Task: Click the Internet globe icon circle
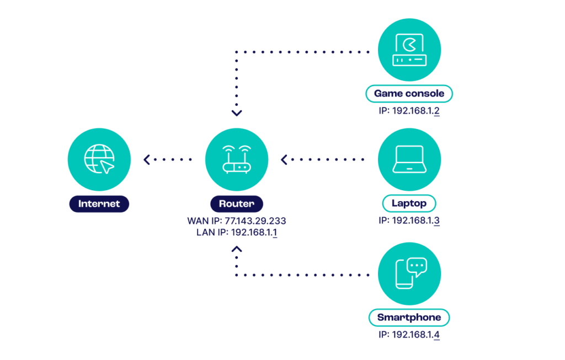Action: pyautogui.click(x=99, y=159)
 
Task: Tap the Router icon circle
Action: pyautogui.click(x=237, y=159)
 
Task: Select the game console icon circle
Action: pyautogui.click(x=409, y=50)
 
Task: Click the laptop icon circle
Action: pyautogui.click(x=409, y=159)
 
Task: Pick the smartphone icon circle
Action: pyautogui.click(x=409, y=273)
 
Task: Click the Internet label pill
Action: pyautogui.click(x=99, y=203)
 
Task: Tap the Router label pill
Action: pyautogui.click(x=237, y=203)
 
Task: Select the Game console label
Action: pyautogui.click(x=409, y=94)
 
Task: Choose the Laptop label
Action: pyautogui.click(x=409, y=203)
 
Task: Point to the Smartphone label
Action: pyautogui.click(x=409, y=318)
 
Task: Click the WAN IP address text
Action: pyautogui.click(x=237, y=221)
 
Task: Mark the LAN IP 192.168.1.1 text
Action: pyautogui.click(x=237, y=232)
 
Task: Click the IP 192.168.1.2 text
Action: pyautogui.click(x=409, y=111)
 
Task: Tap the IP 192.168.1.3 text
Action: pyautogui.click(x=409, y=221)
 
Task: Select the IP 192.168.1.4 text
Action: pyautogui.click(x=409, y=335)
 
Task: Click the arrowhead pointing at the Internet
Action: pyautogui.click(x=146, y=160)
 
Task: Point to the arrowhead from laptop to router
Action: pyautogui.click(x=284, y=160)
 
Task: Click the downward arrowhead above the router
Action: pyautogui.click(x=237, y=113)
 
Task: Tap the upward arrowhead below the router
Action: pyautogui.click(x=237, y=250)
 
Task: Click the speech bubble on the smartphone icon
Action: pyautogui.click(x=417, y=267)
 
